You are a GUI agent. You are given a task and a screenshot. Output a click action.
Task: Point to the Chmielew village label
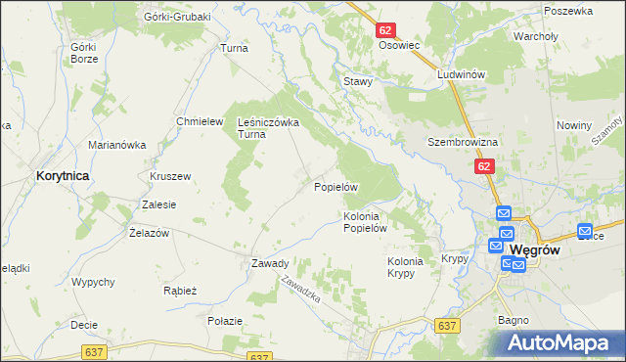[x=195, y=121]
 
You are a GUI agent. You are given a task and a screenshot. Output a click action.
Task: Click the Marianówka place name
[x=116, y=145]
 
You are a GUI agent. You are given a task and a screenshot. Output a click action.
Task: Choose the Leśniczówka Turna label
[x=268, y=128]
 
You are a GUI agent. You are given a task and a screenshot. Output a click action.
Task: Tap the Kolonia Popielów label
[x=367, y=222]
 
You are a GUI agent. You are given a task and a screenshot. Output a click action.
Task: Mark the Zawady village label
[x=269, y=263]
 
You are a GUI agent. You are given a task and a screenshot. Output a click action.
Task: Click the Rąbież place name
[x=181, y=291]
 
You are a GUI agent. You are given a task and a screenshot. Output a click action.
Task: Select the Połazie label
[x=224, y=320]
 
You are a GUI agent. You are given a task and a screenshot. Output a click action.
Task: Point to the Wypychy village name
[x=93, y=282]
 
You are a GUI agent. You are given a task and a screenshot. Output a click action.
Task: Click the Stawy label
[x=357, y=81]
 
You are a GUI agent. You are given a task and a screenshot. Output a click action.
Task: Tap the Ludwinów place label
[x=463, y=74]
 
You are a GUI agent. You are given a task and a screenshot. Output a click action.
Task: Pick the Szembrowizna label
[x=463, y=142]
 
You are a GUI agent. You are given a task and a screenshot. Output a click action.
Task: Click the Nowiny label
[x=574, y=125]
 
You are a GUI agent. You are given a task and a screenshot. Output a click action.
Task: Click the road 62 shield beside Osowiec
[x=385, y=30]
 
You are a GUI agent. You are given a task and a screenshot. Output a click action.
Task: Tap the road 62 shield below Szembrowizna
[x=486, y=167]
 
